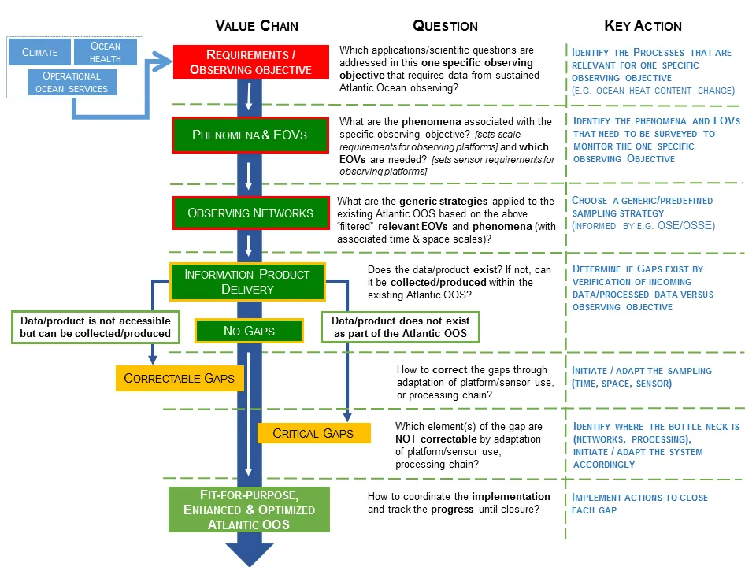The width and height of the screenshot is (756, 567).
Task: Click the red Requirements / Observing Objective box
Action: click(250, 61)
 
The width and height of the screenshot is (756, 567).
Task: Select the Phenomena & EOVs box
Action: click(250, 135)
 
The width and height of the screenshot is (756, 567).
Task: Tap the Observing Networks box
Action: click(250, 213)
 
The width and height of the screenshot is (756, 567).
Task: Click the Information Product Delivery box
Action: click(246, 282)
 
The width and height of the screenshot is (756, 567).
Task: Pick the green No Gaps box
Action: click(249, 331)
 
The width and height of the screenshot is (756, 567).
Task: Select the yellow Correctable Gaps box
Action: click(179, 378)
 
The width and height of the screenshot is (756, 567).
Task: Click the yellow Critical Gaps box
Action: click(313, 432)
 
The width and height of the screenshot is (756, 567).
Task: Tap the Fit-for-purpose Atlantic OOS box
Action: click(249, 510)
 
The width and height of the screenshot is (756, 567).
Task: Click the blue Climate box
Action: click(39, 53)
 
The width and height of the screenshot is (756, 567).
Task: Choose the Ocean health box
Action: click(106, 53)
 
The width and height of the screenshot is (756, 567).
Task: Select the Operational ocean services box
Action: click(72, 83)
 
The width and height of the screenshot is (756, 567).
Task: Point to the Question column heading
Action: click(445, 25)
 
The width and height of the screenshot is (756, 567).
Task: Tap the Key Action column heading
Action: click(643, 25)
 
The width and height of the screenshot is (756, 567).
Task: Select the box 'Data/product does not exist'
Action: click(400, 327)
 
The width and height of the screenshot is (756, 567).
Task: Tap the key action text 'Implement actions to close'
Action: click(639, 498)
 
